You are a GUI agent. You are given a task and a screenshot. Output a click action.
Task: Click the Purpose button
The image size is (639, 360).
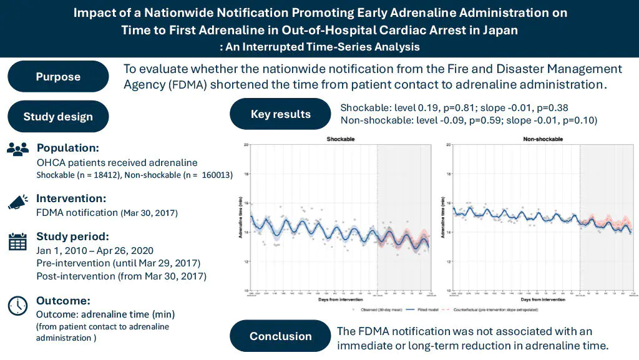click(x=58, y=77)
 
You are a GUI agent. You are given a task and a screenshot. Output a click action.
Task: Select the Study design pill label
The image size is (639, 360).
click(x=58, y=117)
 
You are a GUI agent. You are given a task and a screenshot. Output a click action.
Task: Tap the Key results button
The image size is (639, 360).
click(x=280, y=114)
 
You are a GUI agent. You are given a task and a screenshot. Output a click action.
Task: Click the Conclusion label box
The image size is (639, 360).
click(x=280, y=336)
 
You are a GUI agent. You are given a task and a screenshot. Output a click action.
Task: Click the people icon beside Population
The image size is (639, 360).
click(x=17, y=148)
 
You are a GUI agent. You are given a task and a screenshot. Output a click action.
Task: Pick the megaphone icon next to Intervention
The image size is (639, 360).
click(x=17, y=201)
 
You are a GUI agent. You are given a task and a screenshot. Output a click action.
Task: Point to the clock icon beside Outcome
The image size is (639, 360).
click(x=17, y=305)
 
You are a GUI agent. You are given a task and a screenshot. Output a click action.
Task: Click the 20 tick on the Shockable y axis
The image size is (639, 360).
click(x=246, y=145)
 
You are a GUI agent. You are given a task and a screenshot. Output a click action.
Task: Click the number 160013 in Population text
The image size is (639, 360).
click(x=217, y=176)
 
